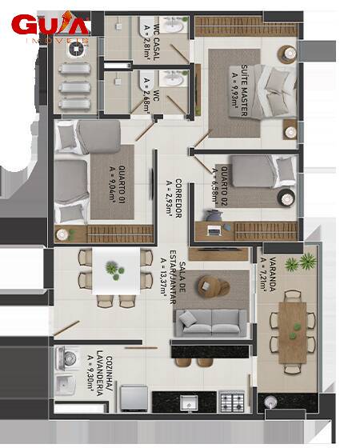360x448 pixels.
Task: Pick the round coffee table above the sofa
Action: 213,285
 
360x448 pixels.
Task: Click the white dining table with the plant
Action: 115,272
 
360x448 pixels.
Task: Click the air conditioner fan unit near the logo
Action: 76,50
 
